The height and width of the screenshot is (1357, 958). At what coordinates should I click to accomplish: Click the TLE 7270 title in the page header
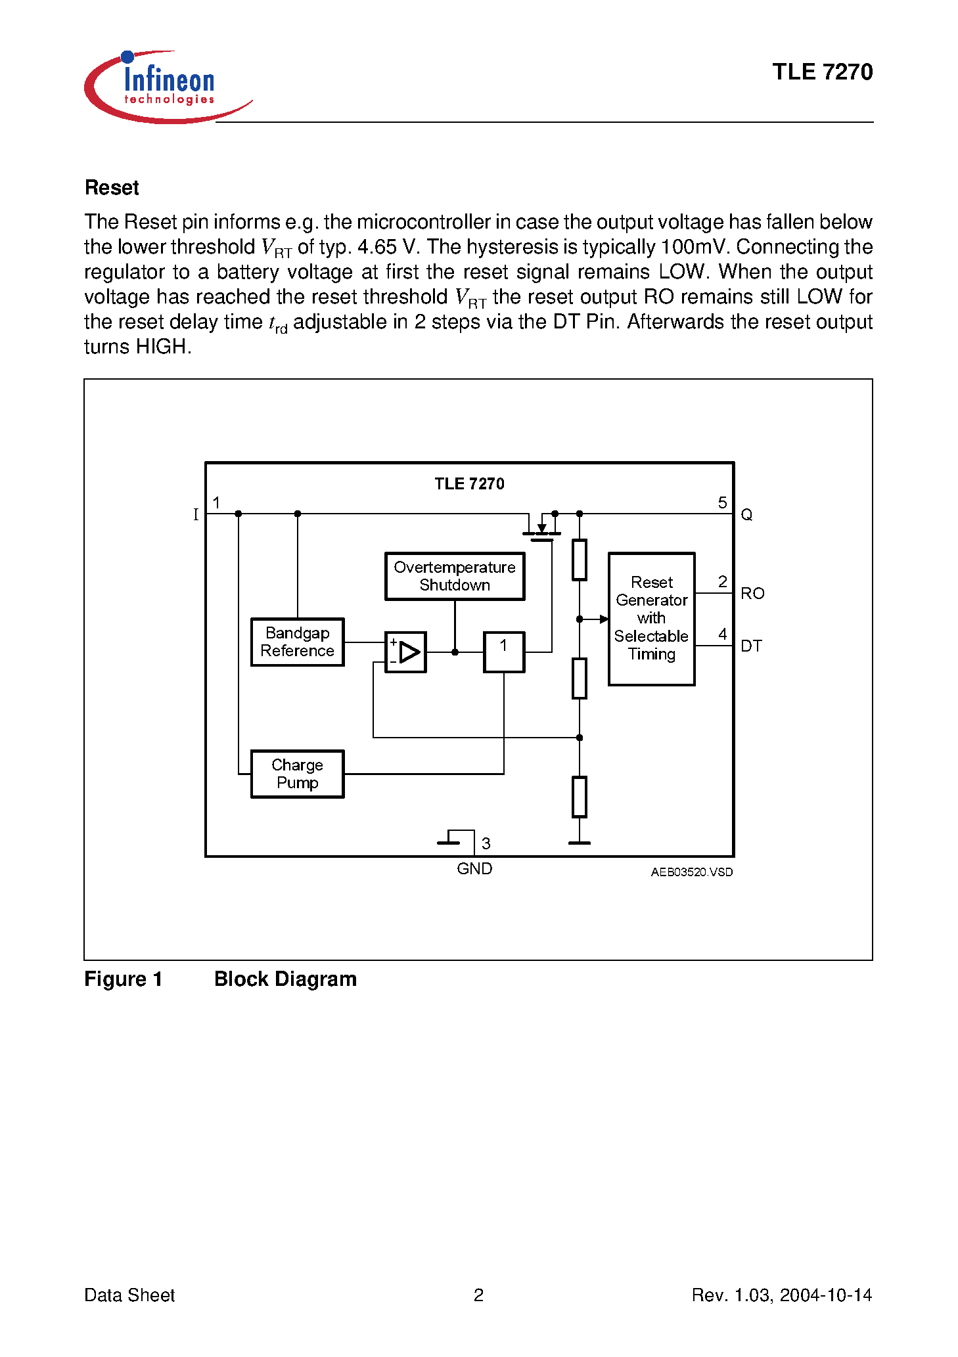(x=822, y=72)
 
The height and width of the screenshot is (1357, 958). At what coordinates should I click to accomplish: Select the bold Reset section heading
(x=112, y=188)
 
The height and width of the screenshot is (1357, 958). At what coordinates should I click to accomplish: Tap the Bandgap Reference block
(x=297, y=642)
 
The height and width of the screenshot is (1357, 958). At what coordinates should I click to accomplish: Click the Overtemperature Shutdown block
(x=455, y=576)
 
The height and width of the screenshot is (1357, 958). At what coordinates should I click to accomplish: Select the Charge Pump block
(x=297, y=774)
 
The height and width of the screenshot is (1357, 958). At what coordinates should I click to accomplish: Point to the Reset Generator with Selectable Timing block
(x=651, y=619)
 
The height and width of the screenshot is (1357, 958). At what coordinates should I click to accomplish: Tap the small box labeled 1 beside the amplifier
(x=504, y=652)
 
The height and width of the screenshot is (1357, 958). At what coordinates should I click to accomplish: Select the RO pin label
(x=752, y=594)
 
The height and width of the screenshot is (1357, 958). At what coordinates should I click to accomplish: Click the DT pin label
(x=751, y=646)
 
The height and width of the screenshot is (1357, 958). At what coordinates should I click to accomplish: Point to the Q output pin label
(x=746, y=515)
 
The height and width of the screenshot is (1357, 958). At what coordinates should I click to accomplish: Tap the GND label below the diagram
(x=474, y=869)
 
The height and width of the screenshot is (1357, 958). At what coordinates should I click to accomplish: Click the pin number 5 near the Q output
(x=722, y=503)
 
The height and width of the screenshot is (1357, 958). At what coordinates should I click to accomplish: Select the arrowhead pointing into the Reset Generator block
(x=603, y=619)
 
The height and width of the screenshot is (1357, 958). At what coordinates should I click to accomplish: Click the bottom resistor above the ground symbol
(x=580, y=797)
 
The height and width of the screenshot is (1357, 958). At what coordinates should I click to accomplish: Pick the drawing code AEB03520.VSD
(x=691, y=872)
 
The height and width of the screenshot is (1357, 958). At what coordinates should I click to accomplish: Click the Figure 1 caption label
(x=123, y=979)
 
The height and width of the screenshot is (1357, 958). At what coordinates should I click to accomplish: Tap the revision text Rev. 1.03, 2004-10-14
(x=781, y=1295)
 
